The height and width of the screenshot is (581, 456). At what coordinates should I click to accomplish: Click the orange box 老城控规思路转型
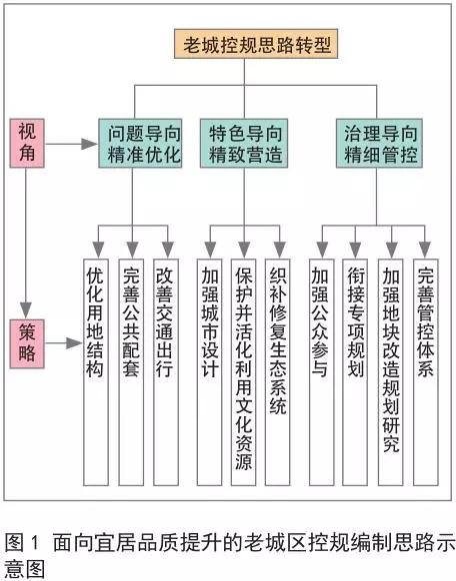pyautogui.click(x=256, y=44)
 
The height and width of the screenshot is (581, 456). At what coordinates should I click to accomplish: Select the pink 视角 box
pyautogui.click(x=27, y=143)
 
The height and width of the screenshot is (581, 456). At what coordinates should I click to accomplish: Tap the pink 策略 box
pyautogui.click(x=27, y=343)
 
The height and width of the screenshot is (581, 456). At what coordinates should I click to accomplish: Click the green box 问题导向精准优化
pyautogui.click(x=140, y=143)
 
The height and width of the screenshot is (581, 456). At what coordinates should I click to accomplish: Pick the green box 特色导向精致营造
pyautogui.click(x=244, y=143)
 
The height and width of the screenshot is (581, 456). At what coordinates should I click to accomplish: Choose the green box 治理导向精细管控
pyautogui.click(x=379, y=143)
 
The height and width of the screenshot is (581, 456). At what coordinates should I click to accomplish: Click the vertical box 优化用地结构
pyautogui.click(x=96, y=372)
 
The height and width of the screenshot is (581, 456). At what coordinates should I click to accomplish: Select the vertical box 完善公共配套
pyautogui.click(x=131, y=372)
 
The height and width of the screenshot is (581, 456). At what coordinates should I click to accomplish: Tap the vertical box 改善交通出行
pyautogui.click(x=166, y=372)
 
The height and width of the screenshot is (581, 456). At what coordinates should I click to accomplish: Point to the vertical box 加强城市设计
pyautogui.click(x=209, y=372)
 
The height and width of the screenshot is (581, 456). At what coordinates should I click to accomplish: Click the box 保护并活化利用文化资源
pyautogui.click(x=243, y=372)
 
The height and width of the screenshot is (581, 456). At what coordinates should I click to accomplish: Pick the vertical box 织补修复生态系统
pyautogui.click(x=277, y=372)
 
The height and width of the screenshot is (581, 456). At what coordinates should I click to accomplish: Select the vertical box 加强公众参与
pyautogui.click(x=321, y=372)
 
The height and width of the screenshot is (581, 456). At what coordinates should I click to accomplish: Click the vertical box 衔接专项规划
pyautogui.click(x=355, y=372)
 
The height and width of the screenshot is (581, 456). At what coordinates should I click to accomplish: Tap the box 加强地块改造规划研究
pyautogui.click(x=390, y=372)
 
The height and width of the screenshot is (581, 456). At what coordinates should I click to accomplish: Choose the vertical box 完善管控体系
pyautogui.click(x=426, y=372)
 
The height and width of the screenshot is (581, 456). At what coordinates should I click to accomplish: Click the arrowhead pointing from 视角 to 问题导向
pyautogui.click(x=90, y=144)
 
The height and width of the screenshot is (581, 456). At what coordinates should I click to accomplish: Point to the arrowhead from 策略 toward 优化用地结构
pyautogui.click(x=74, y=343)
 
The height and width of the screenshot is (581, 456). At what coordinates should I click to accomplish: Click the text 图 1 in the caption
pyautogui.click(x=22, y=543)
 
